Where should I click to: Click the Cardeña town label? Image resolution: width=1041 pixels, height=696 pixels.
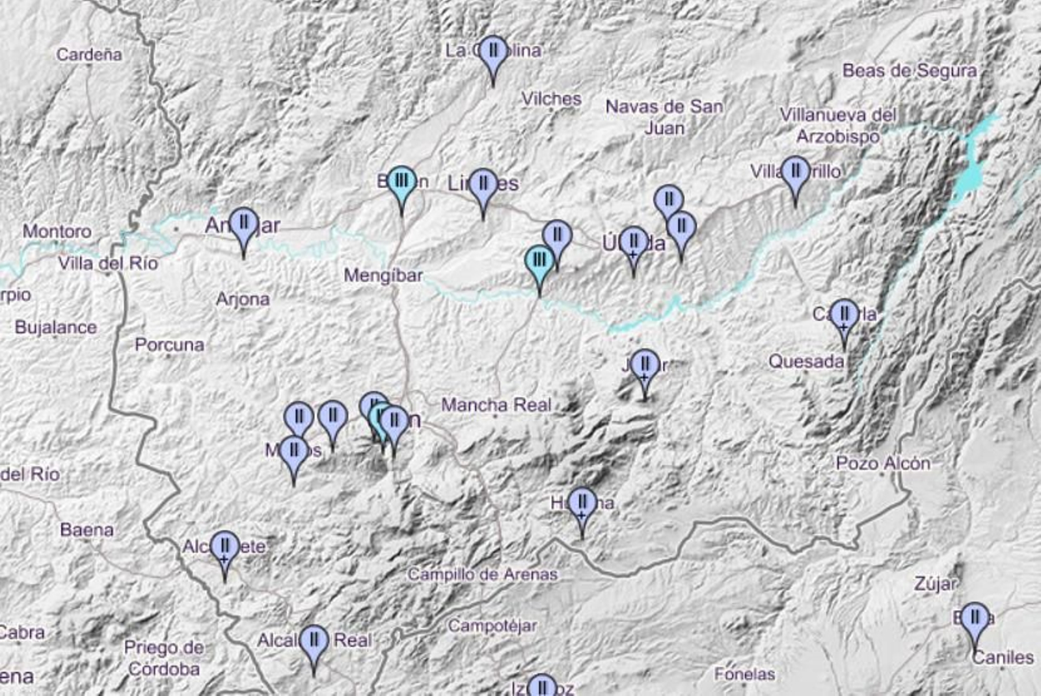point(88,54)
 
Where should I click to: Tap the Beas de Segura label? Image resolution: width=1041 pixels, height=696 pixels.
point(910,70)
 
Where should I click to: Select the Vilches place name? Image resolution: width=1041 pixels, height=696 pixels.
point(551,99)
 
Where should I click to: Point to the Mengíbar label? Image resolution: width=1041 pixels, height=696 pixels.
point(383,275)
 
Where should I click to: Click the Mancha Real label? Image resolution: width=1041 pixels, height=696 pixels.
point(496,405)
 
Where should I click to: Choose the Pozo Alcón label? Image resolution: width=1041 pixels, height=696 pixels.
point(883,463)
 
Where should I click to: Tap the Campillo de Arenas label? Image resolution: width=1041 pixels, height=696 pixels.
point(482,574)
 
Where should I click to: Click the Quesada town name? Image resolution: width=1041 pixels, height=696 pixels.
point(806,361)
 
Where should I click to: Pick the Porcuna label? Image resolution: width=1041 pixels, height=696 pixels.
point(169,344)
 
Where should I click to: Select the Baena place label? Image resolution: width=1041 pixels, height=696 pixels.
point(87,529)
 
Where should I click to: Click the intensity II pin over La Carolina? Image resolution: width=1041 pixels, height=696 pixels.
point(493,52)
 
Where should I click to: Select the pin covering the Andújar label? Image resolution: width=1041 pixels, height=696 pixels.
point(244,224)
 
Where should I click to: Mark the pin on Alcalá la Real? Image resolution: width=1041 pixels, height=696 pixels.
point(314,641)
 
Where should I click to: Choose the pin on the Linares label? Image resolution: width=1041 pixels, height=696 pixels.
point(483,185)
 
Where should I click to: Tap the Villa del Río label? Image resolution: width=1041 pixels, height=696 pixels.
point(108,263)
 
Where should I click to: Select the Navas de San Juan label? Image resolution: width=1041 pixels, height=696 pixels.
point(664,116)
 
